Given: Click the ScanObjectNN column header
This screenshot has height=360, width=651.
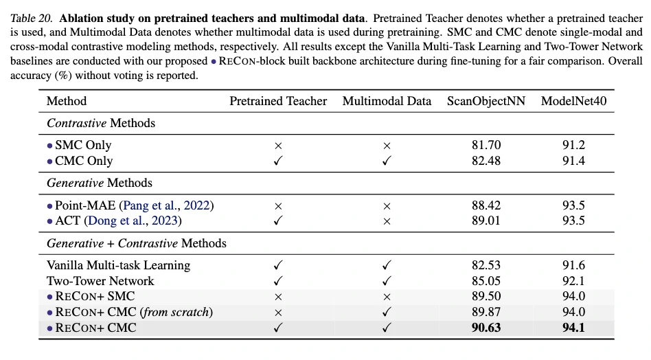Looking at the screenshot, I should [x=486, y=101].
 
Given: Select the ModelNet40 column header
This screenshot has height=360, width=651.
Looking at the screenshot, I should [x=573, y=101].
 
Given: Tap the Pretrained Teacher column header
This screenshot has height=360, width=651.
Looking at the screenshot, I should [x=278, y=101].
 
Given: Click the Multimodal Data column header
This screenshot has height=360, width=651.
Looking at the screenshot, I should [x=387, y=101].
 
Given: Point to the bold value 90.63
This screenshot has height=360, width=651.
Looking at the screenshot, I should [x=486, y=328].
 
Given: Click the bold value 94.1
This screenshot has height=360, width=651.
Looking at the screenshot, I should [x=573, y=328].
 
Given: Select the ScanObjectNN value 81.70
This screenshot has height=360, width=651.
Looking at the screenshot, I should [x=486, y=145].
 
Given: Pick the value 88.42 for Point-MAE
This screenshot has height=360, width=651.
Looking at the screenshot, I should [x=486, y=205].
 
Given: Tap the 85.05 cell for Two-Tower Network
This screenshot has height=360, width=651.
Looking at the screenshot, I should [x=486, y=280].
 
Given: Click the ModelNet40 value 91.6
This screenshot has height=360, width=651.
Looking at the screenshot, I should [x=573, y=265].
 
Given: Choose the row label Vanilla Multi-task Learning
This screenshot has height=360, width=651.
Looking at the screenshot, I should [x=118, y=265].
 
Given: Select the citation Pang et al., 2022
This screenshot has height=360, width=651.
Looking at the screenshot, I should [x=166, y=205].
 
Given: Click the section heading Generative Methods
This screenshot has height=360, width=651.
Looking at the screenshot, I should [x=100, y=183].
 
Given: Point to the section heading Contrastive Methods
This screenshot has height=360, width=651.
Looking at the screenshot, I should [x=101, y=123].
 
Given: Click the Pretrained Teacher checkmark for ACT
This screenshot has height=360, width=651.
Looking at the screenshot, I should [x=278, y=221].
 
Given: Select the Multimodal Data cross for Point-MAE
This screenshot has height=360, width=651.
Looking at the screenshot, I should [x=387, y=205].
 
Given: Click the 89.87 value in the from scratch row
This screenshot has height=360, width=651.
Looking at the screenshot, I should [x=486, y=312].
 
